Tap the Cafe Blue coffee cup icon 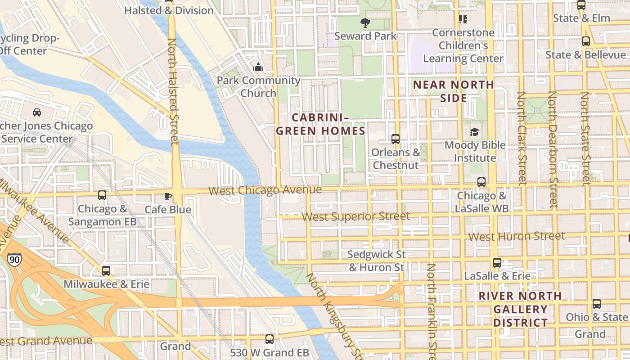pos(168,196)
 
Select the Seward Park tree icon pos(365,22)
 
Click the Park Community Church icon pos(258,67)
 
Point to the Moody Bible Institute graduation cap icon pos(474,132)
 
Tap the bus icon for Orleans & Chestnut pos(396,139)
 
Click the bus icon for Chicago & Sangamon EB pos(102,195)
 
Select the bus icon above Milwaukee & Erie pos(106,271)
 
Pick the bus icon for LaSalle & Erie pos(497,263)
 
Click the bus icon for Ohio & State pos(597,304)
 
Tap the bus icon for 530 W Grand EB pos(270,339)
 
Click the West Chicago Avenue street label pos(265,190)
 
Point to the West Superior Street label pos(355,216)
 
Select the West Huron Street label pos(516,236)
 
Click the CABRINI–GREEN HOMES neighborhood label pos(320,124)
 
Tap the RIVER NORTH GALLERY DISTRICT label pos(520,309)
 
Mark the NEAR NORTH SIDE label pos(454,91)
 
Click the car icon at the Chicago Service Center pos(37,112)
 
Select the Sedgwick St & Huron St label pos(377,261)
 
